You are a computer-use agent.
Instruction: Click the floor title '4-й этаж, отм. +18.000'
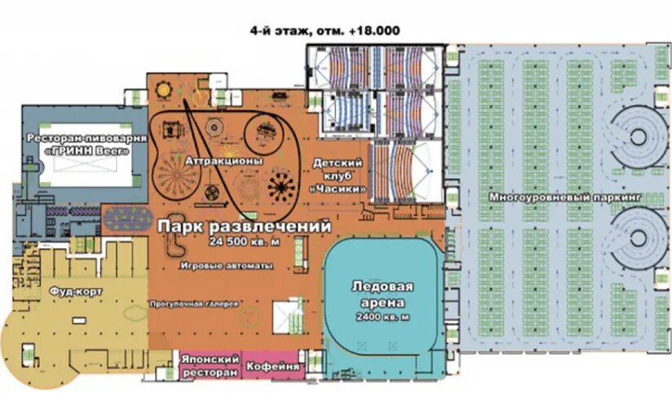point(325,31)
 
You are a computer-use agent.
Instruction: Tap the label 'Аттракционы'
point(223,161)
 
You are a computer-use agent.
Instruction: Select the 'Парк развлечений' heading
point(245,227)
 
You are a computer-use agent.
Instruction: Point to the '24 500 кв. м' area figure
point(245,241)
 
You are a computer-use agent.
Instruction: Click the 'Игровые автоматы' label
point(227,266)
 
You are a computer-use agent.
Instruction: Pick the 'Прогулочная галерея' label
point(194,304)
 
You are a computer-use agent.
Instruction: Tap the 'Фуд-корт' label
point(76,292)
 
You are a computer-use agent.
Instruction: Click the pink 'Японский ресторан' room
point(210,365)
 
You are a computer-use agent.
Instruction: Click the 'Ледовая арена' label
point(382,294)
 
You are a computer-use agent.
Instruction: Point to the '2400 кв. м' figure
point(382,317)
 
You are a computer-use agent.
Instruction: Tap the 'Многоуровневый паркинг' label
point(565,197)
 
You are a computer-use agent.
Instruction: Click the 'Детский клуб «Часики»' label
point(338,176)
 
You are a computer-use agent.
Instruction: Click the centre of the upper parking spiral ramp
point(638,137)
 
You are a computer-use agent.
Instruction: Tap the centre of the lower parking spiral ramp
point(638,238)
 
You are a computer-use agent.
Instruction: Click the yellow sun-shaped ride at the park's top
point(163,91)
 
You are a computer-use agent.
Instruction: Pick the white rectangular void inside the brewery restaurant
point(86,155)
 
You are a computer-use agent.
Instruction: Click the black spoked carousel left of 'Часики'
point(281,187)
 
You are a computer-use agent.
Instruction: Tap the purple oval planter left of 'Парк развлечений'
point(128,219)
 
